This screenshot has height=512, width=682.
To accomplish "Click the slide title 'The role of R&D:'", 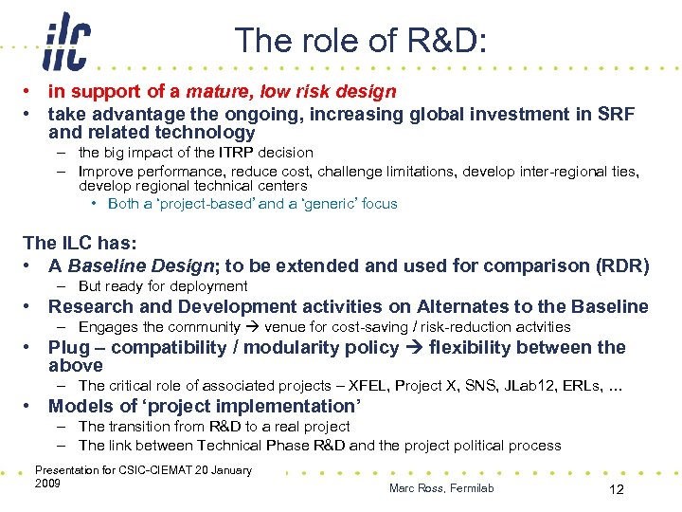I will point(361,41).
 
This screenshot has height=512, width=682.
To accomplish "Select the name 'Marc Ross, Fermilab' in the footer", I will point(441,488).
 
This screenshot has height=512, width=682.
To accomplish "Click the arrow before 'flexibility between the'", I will point(414,348).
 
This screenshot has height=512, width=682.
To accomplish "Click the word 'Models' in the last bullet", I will point(81,407).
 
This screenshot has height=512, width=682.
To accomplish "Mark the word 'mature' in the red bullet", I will point(213,92).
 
